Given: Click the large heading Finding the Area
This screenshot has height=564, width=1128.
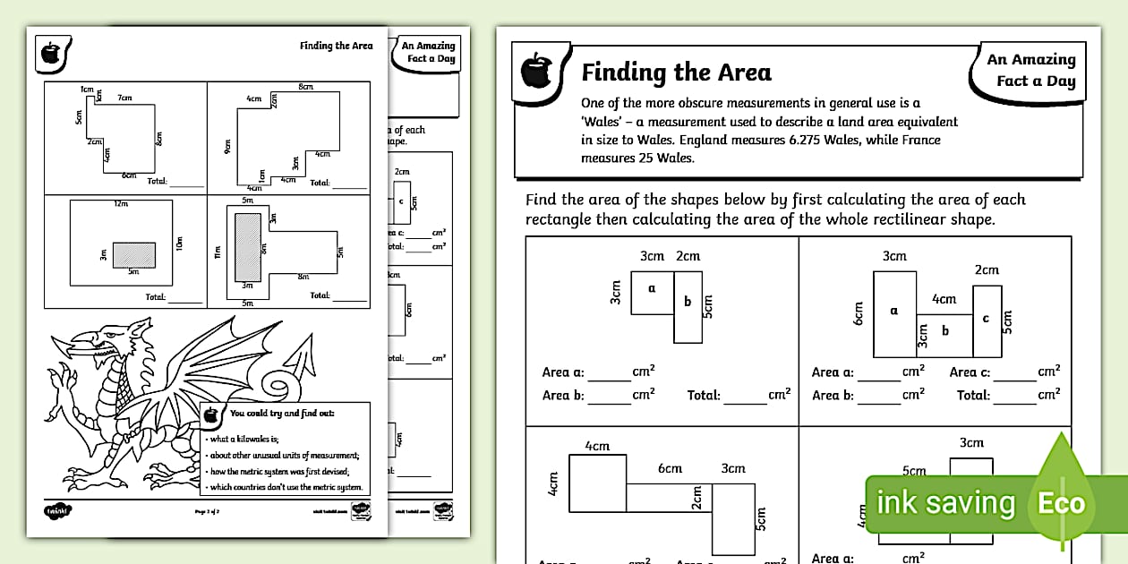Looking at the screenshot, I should (676, 72).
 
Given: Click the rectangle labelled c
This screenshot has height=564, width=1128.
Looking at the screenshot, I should (987, 319).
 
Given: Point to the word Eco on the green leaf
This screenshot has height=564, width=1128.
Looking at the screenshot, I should (1061, 503).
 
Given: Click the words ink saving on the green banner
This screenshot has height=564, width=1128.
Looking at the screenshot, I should (945, 503).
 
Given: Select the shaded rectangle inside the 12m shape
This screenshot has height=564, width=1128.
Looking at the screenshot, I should (133, 255).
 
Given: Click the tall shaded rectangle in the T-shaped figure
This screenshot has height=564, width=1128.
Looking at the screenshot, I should (248, 246).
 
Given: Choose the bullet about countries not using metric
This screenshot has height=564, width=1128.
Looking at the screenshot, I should (286, 488).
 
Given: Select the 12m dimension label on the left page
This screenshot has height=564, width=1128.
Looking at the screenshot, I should (121, 203).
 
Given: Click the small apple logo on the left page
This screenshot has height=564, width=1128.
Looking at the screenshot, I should (51, 53).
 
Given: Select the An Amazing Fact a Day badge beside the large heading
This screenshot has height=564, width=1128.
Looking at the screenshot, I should (1030, 70).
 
